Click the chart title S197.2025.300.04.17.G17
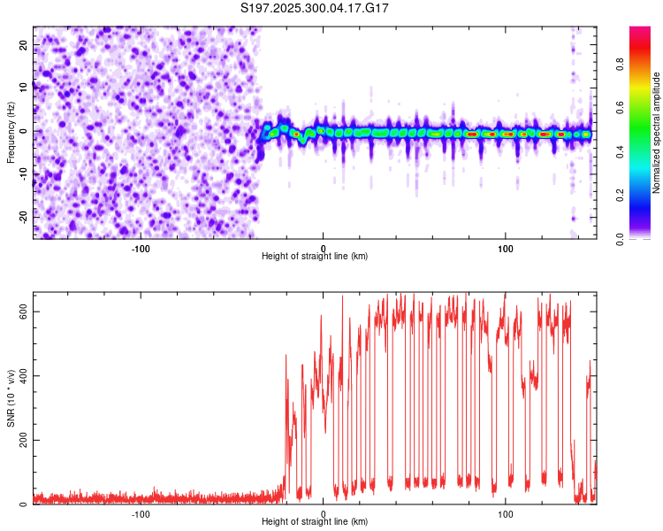coord(316,8)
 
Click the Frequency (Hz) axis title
coord(11,133)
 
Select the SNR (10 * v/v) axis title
coord(11,399)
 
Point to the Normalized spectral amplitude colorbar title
coord(657,133)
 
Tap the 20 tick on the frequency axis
coord(23,44)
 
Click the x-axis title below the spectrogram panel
coord(315,257)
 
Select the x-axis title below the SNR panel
coord(315,523)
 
